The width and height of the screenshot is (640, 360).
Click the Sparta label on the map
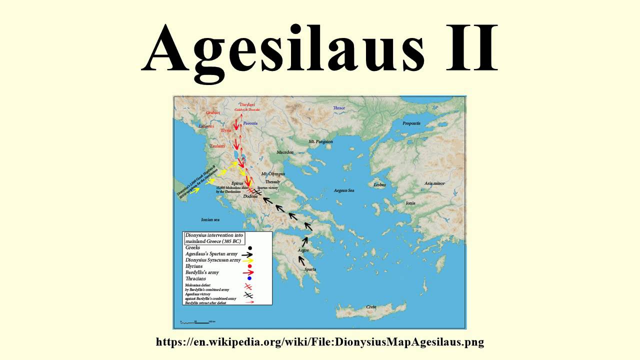click(310, 269)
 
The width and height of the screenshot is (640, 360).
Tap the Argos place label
click(303, 250)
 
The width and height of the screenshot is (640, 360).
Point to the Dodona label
click(250, 196)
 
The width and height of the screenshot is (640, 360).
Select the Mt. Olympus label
click(273, 173)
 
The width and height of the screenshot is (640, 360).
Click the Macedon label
click(285, 152)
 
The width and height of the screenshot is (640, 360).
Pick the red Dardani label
click(247, 104)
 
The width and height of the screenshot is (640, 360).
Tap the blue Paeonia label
click(250, 123)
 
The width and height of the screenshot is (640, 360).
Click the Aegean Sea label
click(344, 190)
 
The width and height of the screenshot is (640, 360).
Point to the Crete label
click(371, 306)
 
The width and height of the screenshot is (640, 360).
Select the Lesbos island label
click(380, 184)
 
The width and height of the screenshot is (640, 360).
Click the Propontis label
click(411, 123)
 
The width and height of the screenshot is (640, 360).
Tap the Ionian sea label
click(210, 219)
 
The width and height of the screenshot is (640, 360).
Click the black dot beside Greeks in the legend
click(249, 248)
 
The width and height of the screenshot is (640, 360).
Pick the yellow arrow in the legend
click(248, 260)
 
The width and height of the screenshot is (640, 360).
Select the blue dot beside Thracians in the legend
click(249, 278)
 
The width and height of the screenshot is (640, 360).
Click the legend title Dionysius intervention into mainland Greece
click(213, 238)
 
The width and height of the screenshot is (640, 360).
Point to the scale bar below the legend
click(197, 321)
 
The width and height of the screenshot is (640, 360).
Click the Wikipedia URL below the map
click(320, 342)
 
